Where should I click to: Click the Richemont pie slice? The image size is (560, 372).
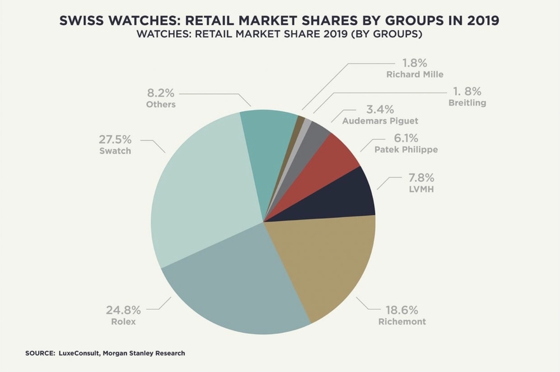pyautogui.click(x=325, y=264)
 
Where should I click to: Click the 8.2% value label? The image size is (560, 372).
pyautogui.click(x=160, y=94)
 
